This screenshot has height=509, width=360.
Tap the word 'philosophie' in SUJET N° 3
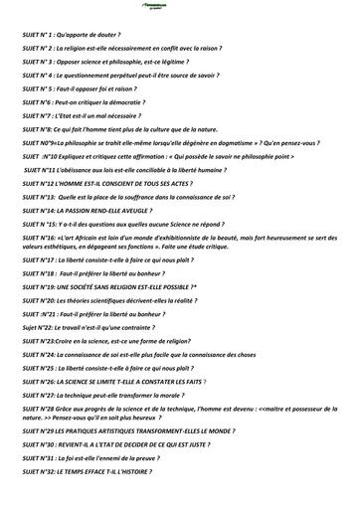coord(127,61)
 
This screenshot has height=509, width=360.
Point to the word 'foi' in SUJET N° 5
coord(108,87)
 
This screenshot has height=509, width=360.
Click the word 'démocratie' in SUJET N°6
coord(125,101)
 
